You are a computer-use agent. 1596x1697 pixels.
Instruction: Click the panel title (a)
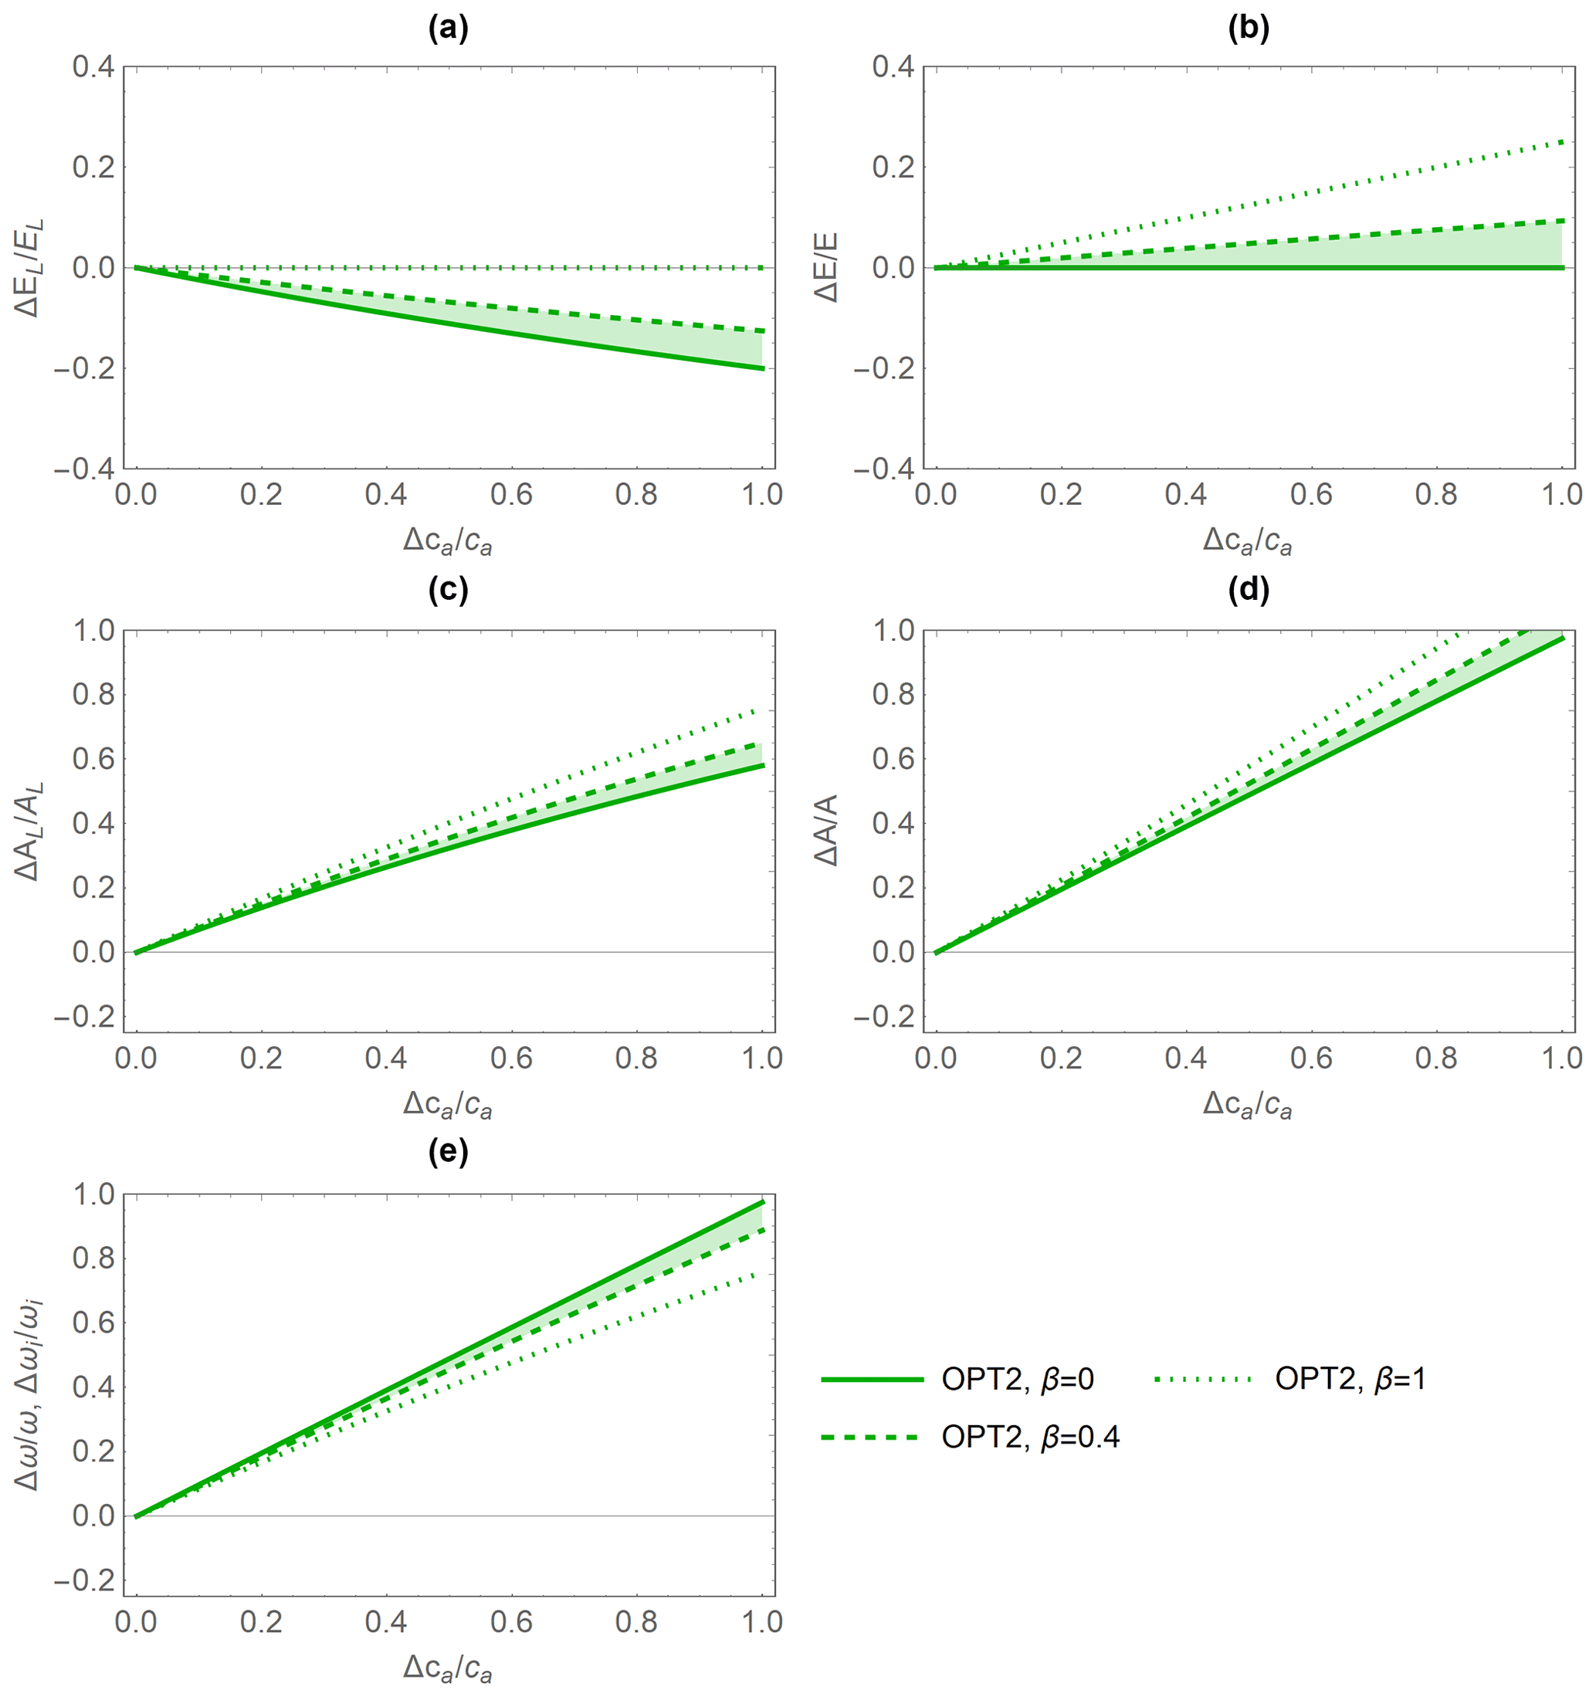click(448, 30)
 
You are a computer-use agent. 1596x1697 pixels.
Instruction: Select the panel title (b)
click(1248, 30)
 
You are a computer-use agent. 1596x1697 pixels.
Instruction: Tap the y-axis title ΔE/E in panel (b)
click(826, 267)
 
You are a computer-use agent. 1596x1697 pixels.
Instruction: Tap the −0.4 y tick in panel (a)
click(83, 469)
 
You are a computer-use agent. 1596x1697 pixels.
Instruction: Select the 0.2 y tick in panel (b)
click(893, 167)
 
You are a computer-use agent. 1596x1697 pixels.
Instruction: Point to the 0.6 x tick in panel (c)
click(511, 1059)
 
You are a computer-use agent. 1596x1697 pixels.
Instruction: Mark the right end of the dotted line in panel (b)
click(1563, 141)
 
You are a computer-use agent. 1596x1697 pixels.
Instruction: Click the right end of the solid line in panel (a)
click(763, 369)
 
